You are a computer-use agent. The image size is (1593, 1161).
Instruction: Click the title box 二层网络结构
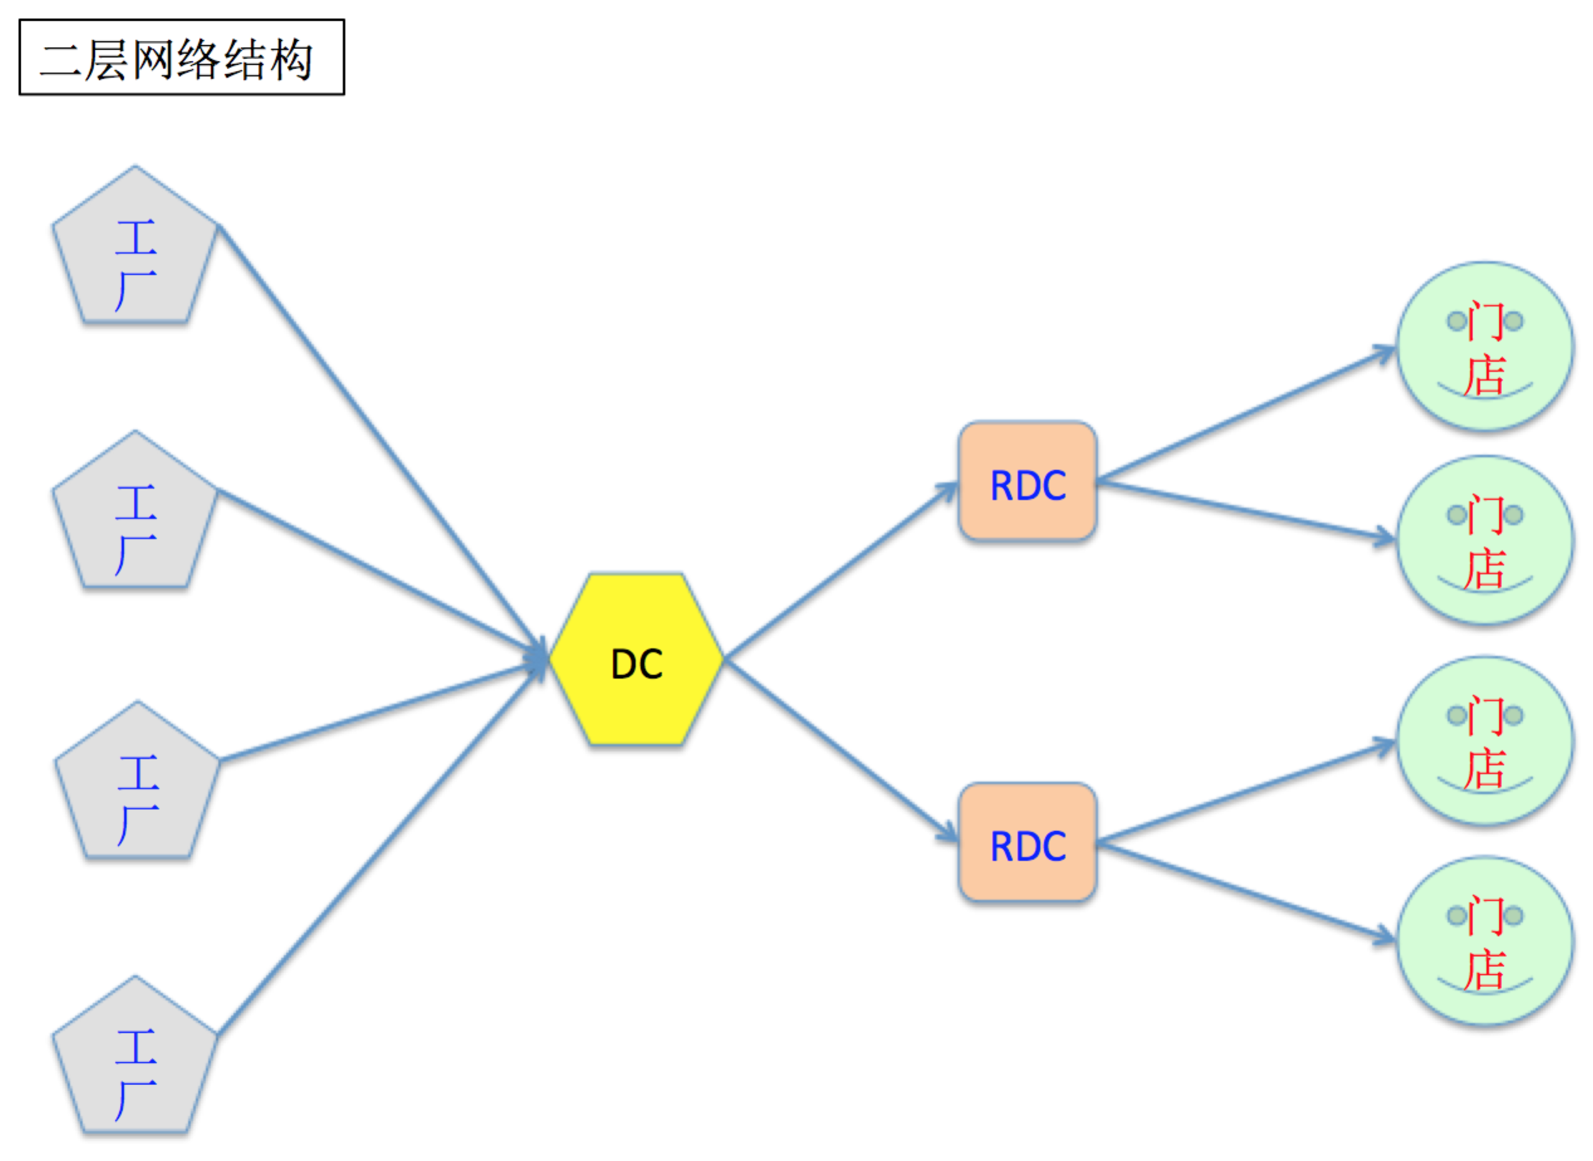pos(182,57)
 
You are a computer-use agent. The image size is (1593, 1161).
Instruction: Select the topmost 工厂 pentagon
pos(135,253)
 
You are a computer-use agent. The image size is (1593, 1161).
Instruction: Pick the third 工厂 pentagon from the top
pos(138,788)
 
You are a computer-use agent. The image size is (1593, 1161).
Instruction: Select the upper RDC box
pos(1027,481)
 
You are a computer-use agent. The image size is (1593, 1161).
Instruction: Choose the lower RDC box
pos(1027,842)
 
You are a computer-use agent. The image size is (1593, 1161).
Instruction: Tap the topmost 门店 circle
pos(1484,346)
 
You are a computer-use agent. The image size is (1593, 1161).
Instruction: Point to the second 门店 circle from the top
pos(1484,540)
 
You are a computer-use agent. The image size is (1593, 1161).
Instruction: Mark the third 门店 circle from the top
pos(1484,740)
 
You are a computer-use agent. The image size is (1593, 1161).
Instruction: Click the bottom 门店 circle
pos(1484,940)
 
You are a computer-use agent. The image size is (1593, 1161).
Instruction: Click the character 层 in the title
pos(107,59)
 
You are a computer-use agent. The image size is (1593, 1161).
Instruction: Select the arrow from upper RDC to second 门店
pos(1244,510)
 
